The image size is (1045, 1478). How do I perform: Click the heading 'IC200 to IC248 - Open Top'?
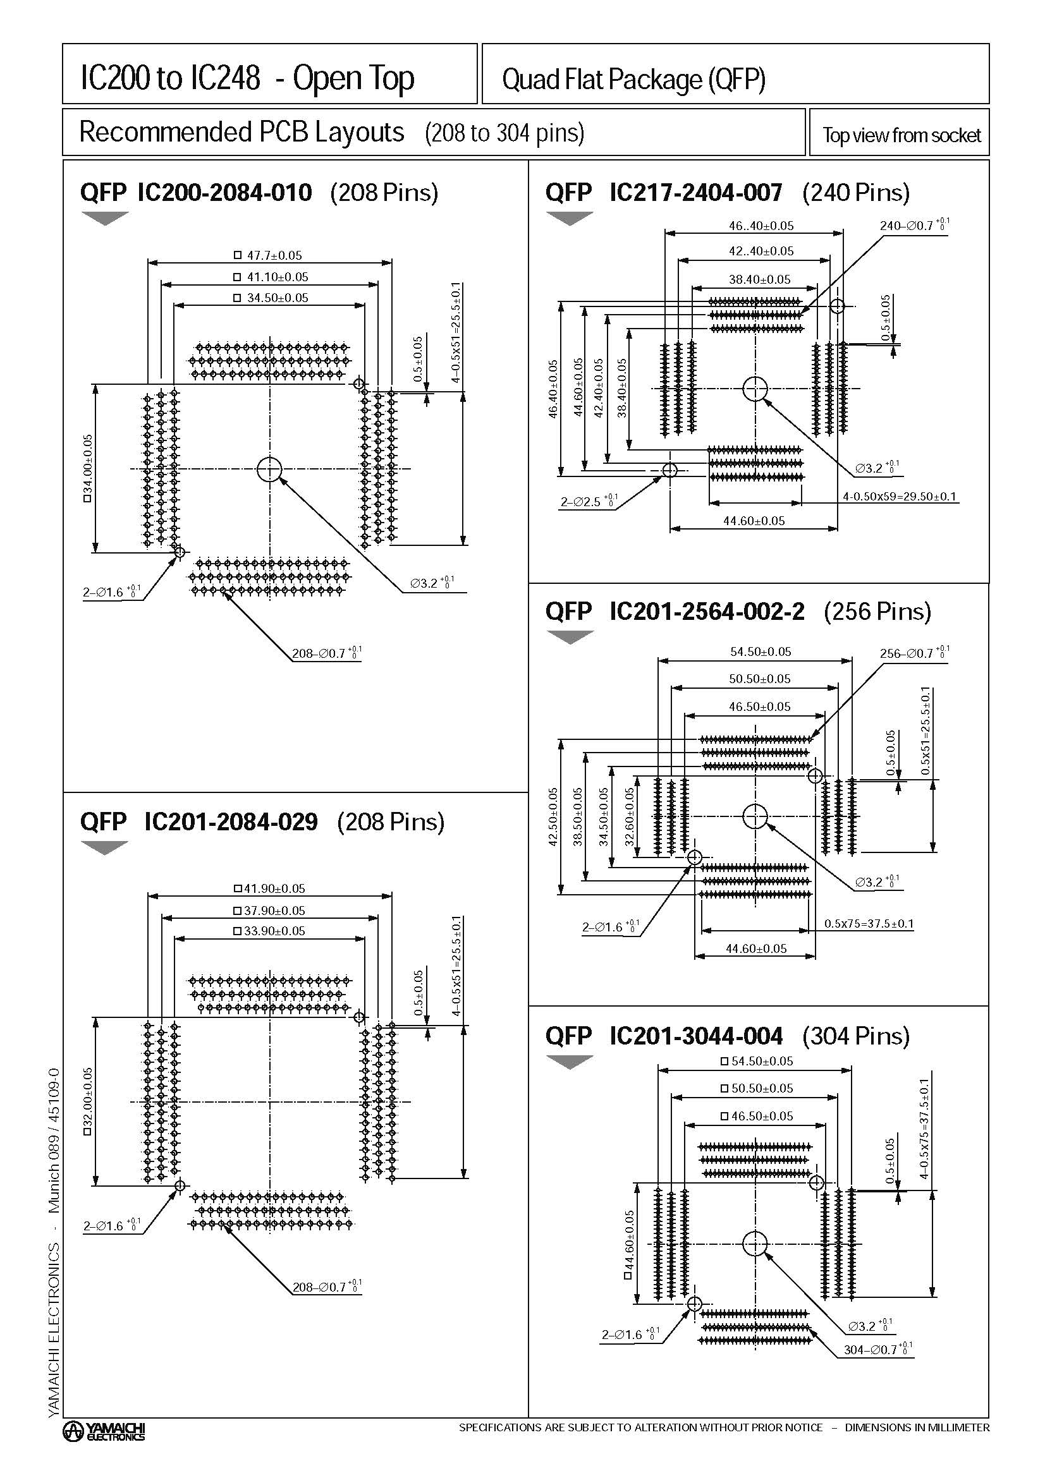[247, 78]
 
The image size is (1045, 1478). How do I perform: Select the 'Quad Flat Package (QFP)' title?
[633, 79]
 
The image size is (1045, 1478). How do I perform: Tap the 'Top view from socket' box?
[900, 135]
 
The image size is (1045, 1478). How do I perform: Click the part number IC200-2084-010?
[224, 193]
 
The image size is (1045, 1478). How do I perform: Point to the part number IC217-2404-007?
[695, 193]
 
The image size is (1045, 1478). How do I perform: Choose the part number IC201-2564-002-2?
[706, 611]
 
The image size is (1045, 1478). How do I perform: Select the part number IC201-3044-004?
[695, 1036]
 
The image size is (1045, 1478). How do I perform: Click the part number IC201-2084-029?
[231, 821]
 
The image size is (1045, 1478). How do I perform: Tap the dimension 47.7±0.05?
[269, 255]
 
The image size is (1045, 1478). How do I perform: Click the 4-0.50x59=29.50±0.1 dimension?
[900, 496]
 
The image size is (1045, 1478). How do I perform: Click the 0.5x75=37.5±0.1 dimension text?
[869, 924]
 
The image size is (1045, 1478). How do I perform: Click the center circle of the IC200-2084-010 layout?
[269, 469]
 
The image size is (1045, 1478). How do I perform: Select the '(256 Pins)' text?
[877, 611]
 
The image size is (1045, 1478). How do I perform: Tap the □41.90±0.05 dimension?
[269, 888]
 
